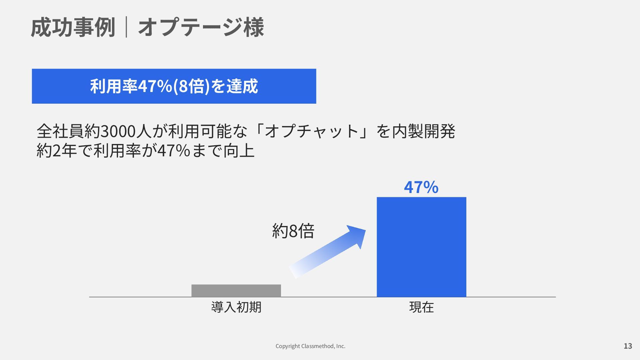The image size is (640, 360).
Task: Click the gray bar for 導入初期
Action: click(236, 290)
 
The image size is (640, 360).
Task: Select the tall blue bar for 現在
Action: click(421, 247)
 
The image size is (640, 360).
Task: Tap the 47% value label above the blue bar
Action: click(421, 187)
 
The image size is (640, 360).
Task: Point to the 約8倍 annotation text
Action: click(293, 231)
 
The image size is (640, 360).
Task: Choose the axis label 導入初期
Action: click(236, 307)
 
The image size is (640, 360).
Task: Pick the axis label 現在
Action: click(421, 307)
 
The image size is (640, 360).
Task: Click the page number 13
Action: click(628, 346)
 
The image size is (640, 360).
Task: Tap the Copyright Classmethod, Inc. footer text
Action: click(310, 346)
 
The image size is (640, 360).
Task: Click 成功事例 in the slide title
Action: click(73, 27)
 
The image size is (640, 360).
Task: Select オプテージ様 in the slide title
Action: click(201, 27)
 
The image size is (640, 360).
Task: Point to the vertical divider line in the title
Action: click(126, 27)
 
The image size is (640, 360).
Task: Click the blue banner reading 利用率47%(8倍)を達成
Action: click(174, 86)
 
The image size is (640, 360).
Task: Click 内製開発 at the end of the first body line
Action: click(423, 131)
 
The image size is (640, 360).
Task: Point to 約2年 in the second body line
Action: click(57, 151)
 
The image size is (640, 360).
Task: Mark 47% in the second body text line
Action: click(173, 151)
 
